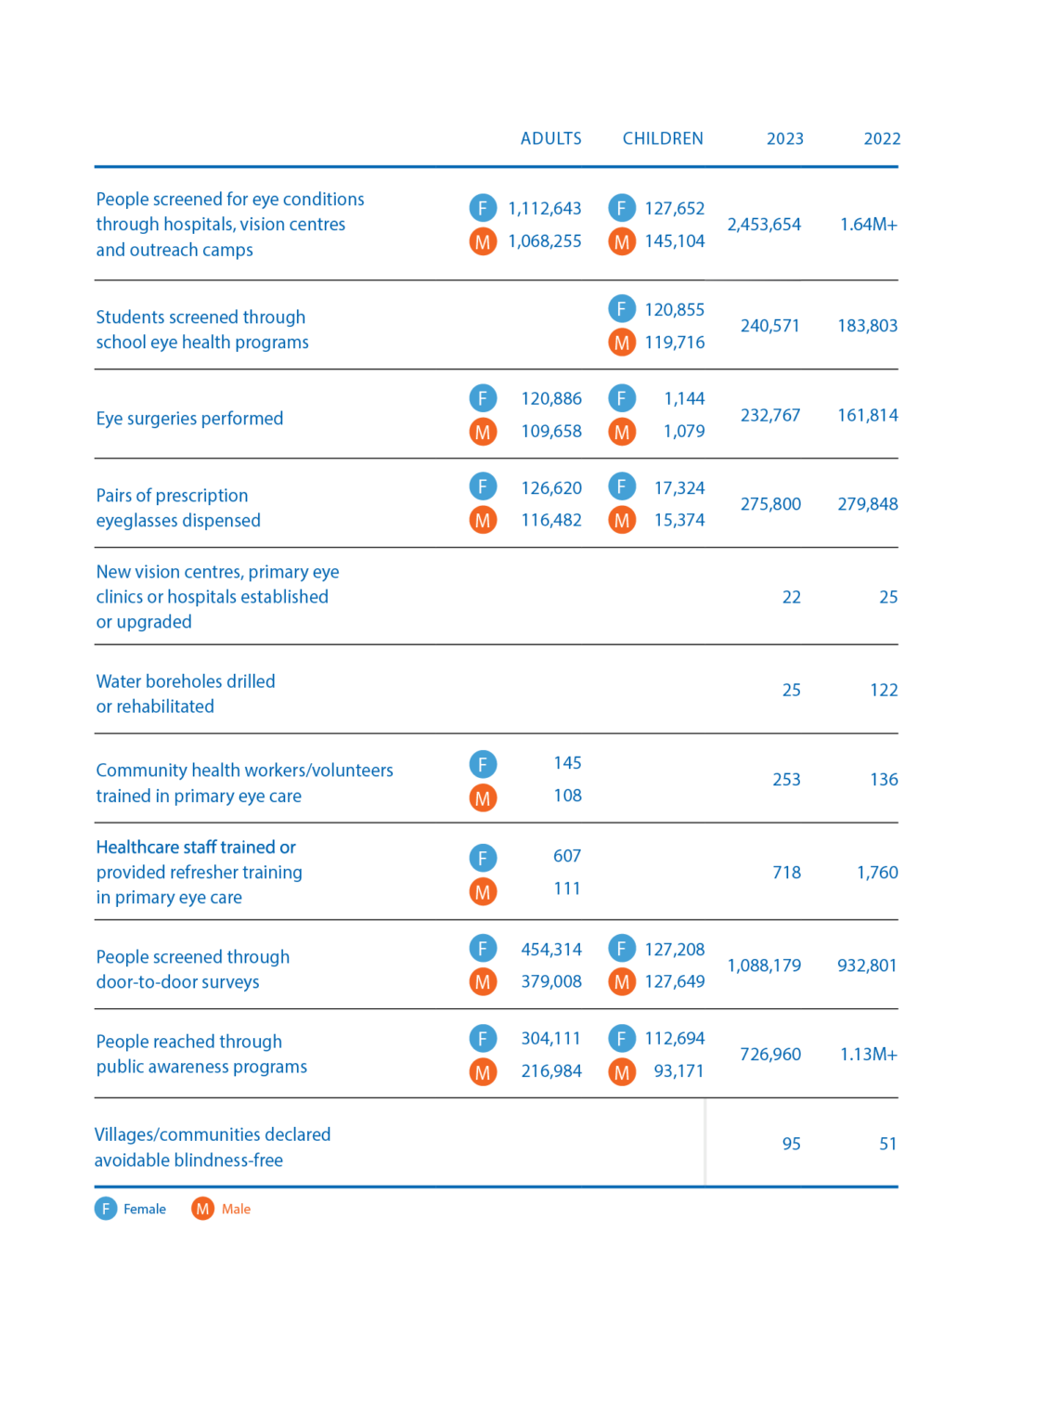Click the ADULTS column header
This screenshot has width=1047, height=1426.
[550, 138]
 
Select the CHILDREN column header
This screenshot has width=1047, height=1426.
[663, 138]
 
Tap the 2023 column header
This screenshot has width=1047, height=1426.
[784, 138]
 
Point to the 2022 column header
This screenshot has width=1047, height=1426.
[882, 138]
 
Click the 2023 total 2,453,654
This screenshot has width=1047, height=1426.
[764, 225]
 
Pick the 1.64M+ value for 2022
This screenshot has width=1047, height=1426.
[868, 225]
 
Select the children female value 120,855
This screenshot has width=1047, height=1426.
[674, 309]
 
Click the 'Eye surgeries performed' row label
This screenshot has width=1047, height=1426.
[189, 419]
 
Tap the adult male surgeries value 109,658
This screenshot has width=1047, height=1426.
[551, 432]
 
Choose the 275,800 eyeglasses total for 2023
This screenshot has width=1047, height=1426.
[769, 504]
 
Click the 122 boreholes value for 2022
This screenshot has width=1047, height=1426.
[884, 690]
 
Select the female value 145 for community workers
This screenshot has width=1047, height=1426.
[567, 763]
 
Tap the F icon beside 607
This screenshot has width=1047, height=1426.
[483, 857]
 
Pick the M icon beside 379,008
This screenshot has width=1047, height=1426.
[483, 982]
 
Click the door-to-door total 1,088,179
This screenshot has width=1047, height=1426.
[764, 966]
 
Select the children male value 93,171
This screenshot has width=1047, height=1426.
[679, 1071]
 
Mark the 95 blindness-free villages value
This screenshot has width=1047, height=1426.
[791, 1144]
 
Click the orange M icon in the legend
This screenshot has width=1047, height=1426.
[202, 1209]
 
